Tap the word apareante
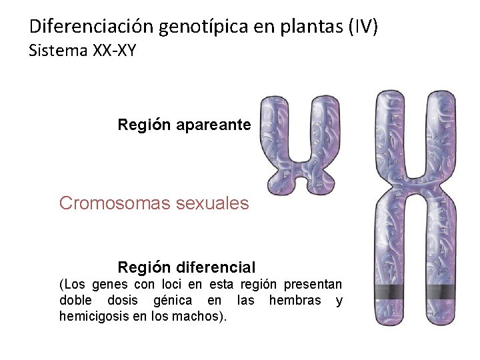click(213, 125)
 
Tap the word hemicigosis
click(91, 316)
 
